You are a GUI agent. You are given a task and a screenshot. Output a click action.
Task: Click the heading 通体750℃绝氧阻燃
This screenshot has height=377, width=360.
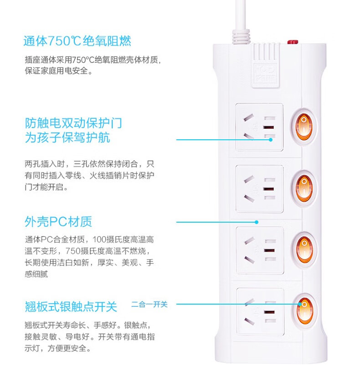tap(77, 41)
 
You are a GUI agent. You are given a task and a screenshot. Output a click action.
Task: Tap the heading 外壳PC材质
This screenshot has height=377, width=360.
tap(58, 222)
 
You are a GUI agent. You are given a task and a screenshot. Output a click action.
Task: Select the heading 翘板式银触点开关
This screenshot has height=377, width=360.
tap(71, 306)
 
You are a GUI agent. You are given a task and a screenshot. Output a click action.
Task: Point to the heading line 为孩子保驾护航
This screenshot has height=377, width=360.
tap(67, 138)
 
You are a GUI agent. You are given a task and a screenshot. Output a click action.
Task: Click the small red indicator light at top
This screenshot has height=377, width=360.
tap(292, 42)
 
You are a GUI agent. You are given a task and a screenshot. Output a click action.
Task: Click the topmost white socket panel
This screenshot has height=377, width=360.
tap(259, 127)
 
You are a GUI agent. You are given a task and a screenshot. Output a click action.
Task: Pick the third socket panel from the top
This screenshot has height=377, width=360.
tap(259, 250)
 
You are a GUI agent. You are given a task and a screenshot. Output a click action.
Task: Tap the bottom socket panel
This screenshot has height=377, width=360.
tap(259, 311)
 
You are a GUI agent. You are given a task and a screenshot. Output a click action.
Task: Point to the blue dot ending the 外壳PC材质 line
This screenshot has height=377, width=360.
tap(257, 222)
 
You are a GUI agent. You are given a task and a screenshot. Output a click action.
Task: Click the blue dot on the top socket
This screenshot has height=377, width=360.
tap(270, 139)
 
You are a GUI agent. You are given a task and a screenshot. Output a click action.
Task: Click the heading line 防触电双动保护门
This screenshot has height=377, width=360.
tap(73, 123)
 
